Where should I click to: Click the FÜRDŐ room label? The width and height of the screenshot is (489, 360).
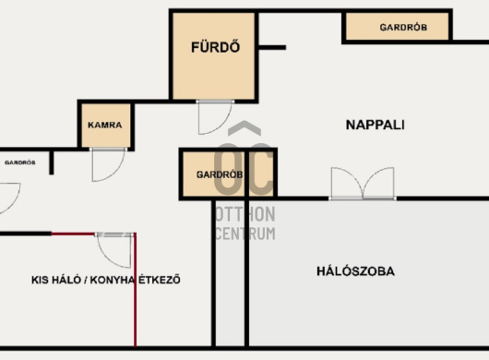pos(216,47)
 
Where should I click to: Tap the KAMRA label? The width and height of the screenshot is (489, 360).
pos(105,126)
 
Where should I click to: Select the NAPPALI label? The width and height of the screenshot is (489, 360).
pos(376,126)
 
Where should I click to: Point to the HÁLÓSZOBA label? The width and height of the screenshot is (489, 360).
pos(355,271)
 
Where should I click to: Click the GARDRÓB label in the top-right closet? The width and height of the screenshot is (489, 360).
pos(403,28)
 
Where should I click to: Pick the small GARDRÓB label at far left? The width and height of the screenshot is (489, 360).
pos(20,162)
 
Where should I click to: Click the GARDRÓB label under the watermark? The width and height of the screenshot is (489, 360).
pos(220,174)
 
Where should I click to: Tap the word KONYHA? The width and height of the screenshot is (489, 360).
pos(113,280)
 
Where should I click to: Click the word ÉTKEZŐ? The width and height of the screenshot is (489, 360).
pos(160,280)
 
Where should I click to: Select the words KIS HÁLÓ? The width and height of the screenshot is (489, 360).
pos(56,280)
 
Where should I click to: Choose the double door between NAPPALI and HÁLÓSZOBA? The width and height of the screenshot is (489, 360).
pos(363,184)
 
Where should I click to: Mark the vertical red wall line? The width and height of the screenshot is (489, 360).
pos(135,290)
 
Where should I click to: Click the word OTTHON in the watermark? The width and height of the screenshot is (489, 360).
pos(245,214)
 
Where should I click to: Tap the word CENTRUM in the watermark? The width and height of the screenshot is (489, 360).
pos(245,234)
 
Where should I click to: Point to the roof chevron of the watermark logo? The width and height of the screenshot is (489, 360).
pos(244,127)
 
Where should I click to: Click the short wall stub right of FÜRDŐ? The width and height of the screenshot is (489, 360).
pos(272,48)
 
